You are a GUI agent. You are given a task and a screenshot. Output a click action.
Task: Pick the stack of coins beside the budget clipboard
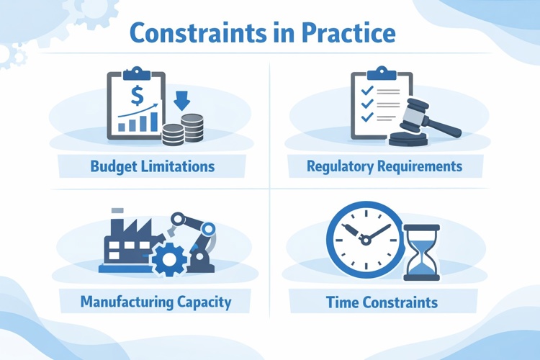point(183,131)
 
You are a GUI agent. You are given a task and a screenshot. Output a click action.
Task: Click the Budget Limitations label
point(153,166)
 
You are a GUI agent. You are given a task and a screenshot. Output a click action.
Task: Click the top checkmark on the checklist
point(366,91)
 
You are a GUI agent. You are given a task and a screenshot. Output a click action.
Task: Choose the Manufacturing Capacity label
point(156,302)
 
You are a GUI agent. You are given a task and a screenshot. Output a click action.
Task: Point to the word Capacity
point(204,302)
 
